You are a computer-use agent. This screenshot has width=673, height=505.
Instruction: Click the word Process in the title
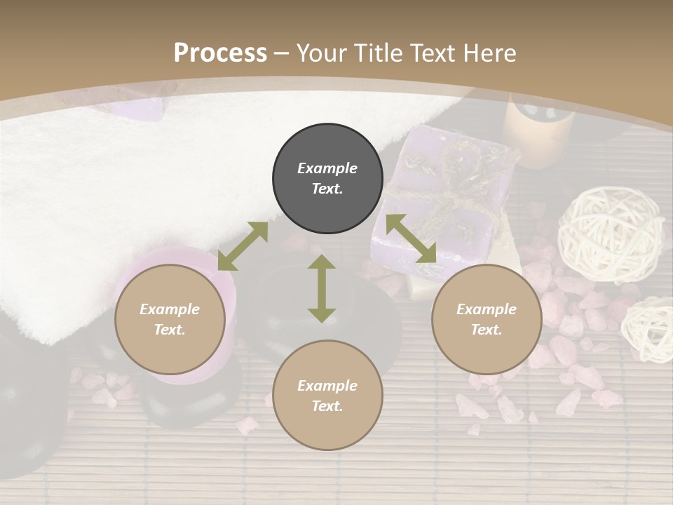pyautogui.click(x=220, y=53)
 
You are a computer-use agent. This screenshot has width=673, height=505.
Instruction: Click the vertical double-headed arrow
pyautogui.click(x=322, y=288)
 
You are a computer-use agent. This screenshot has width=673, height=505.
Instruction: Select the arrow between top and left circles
pyautogui.click(x=243, y=246)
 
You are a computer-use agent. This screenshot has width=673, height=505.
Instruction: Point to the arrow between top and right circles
pyautogui.click(x=411, y=238)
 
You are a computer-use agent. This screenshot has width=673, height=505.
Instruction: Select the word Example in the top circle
pyautogui.click(x=327, y=168)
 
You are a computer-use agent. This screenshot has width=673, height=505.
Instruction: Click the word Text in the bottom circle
pyautogui.click(x=327, y=406)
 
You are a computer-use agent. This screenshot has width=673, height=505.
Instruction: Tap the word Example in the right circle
pyautogui.click(x=487, y=309)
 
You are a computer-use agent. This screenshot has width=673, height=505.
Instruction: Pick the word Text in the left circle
pyautogui.click(x=170, y=330)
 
